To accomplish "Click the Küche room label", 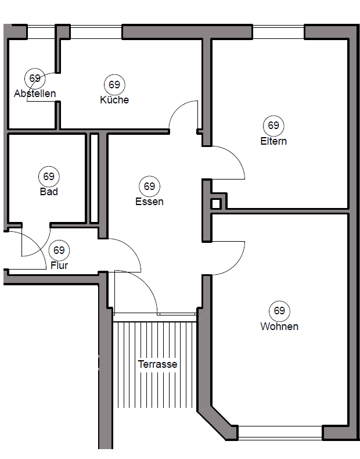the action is [x=114, y=100].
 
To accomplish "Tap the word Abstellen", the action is [x=35, y=94].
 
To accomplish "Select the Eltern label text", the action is [x=273, y=141].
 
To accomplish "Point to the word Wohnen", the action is [x=279, y=327].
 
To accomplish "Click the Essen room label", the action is [x=149, y=202].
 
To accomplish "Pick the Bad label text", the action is [x=49, y=192].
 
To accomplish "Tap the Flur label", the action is [x=59, y=266].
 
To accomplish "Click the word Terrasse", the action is [x=157, y=365].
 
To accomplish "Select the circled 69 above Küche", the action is [x=114, y=85].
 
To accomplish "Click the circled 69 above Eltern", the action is [x=273, y=125].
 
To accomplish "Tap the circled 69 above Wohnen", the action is [x=279, y=311].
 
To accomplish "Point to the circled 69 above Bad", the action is [x=49, y=176].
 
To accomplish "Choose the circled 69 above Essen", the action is [x=150, y=187].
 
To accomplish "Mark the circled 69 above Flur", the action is [x=59, y=250].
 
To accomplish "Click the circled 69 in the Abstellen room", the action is [x=35, y=78].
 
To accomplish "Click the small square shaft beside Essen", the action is [x=216, y=204].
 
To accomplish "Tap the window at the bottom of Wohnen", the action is [x=280, y=433].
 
